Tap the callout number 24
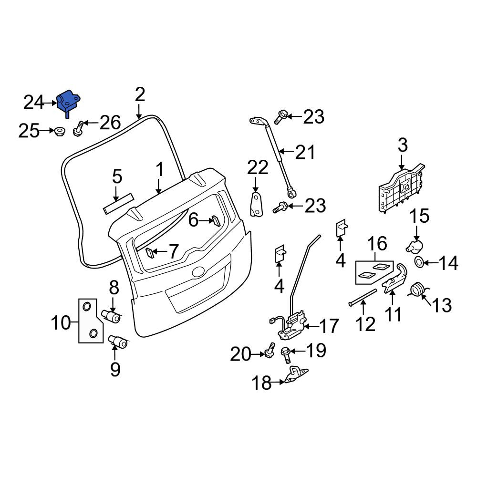coord(34,103)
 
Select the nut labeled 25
coord(59,132)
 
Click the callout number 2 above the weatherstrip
coord(140,95)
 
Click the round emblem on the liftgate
coord(198,272)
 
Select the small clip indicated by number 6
coord(216,221)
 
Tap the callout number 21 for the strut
coord(306,152)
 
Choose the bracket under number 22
coord(256,205)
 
